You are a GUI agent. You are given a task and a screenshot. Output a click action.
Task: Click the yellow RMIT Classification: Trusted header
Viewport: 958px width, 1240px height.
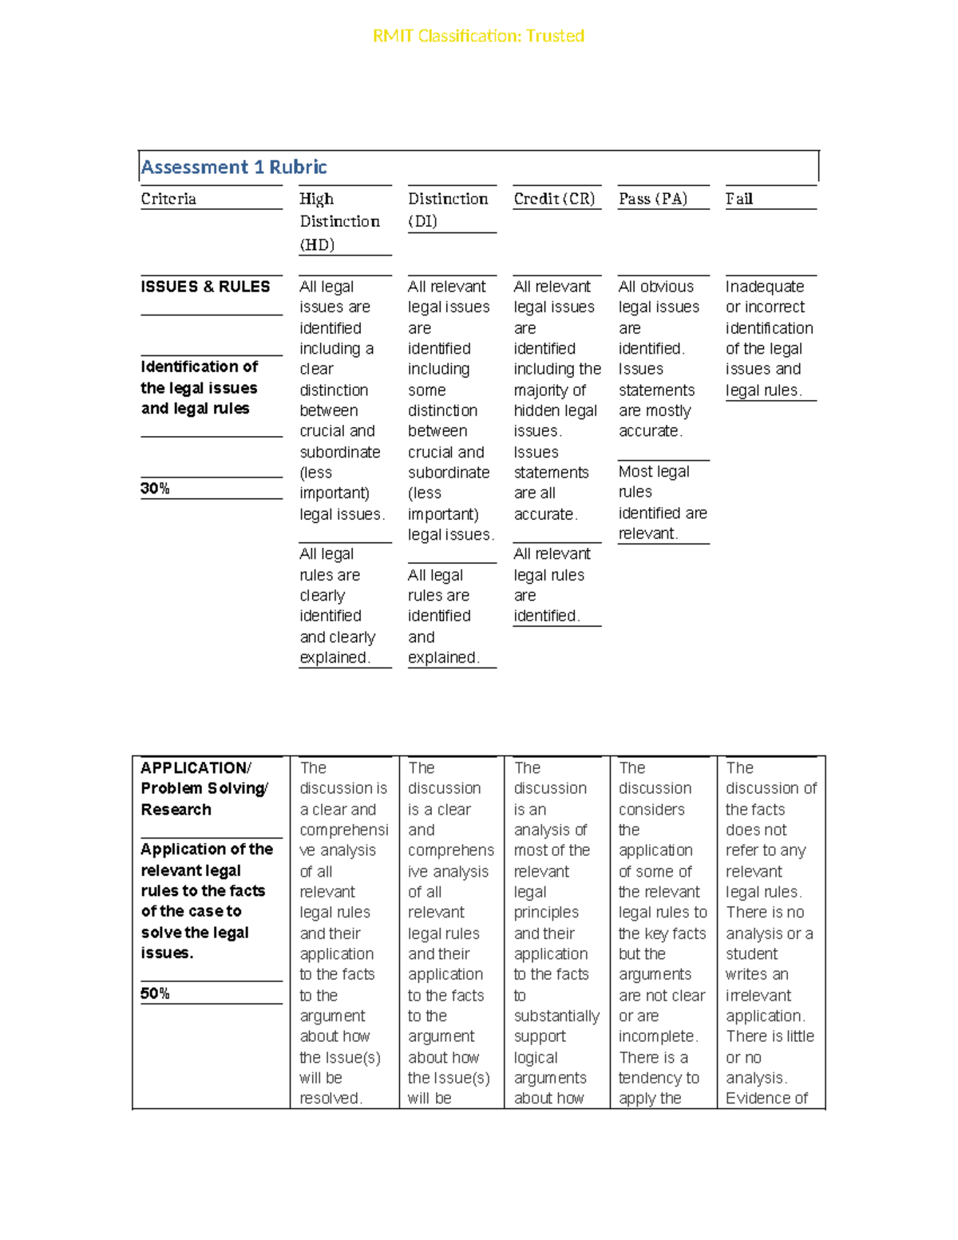tap(478, 36)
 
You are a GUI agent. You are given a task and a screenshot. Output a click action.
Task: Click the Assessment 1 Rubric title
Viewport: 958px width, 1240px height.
tap(234, 167)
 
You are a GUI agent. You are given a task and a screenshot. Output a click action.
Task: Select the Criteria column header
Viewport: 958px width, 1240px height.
tap(168, 199)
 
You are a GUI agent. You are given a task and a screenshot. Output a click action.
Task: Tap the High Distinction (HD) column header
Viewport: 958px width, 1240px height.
tap(339, 221)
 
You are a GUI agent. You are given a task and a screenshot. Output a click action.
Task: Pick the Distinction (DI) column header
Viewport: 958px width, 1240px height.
tap(447, 209)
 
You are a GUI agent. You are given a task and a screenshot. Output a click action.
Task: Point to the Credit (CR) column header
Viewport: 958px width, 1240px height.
tap(554, 199)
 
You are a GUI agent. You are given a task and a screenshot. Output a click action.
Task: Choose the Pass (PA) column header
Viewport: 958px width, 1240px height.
tap(652, 199)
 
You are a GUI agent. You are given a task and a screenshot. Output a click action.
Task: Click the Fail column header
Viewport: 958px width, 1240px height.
tap(738, 199)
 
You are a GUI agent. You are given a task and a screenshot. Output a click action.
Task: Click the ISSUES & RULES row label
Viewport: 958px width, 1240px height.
tap(205, 287)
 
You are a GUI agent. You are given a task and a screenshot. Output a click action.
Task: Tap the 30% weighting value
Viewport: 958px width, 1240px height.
tap(155, 489)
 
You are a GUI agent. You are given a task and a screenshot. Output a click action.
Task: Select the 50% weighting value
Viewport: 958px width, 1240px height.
tap(155, 993)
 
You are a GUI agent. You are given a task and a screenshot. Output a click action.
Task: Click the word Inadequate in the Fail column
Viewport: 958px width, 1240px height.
tap(764, 287)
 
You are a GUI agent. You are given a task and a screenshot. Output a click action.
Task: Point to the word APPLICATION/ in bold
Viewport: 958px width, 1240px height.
tap(196, 768)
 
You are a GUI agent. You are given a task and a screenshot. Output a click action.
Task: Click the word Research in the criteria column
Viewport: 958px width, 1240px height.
tap(176, 810)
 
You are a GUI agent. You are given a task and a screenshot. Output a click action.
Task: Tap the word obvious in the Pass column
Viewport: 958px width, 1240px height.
tap(667, 287)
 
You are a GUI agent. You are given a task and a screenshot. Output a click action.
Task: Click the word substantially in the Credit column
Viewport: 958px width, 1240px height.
tap(556, 1016)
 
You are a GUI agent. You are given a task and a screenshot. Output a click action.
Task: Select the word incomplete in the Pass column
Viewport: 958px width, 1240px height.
tap(657, 1036)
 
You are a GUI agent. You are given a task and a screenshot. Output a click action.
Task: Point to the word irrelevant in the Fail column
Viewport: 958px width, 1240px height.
tap(758, 996)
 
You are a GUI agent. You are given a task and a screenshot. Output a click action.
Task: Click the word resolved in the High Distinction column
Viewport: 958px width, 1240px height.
tap(330, 1099)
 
